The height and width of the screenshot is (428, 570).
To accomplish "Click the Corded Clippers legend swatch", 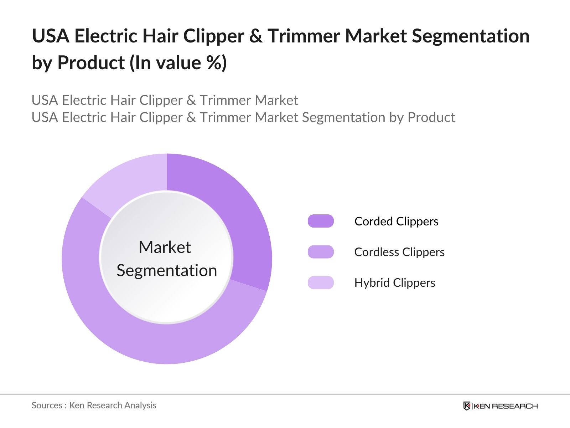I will click(321, 221).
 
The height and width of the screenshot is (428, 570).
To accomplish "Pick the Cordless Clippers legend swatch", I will click(321, 252).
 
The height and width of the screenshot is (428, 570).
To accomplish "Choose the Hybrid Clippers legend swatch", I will click(321, 282).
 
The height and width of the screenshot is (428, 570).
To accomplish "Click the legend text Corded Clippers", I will click(396, 221).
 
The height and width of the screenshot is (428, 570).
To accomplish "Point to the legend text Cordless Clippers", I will click(399, 252).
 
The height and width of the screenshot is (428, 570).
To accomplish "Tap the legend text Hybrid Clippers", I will click(394, 282).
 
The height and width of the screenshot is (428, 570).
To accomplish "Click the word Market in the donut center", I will click(165, 247).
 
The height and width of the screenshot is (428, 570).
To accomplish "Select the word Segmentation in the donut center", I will click(167, 270).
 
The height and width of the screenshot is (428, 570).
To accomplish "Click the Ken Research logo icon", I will click(467, 406).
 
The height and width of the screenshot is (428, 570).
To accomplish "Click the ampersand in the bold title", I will click(256, 36).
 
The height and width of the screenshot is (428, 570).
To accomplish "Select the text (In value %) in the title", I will click(178, 63).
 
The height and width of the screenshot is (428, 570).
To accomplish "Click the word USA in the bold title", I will click(51, 36).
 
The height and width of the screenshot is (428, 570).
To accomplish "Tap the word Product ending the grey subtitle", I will click(431, 117).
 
